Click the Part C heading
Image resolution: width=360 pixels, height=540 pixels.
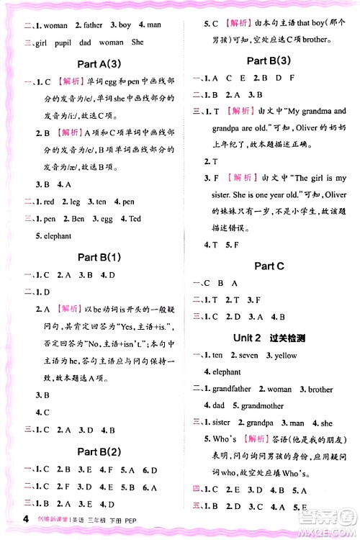269,266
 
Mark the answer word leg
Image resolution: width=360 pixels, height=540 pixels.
73,202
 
